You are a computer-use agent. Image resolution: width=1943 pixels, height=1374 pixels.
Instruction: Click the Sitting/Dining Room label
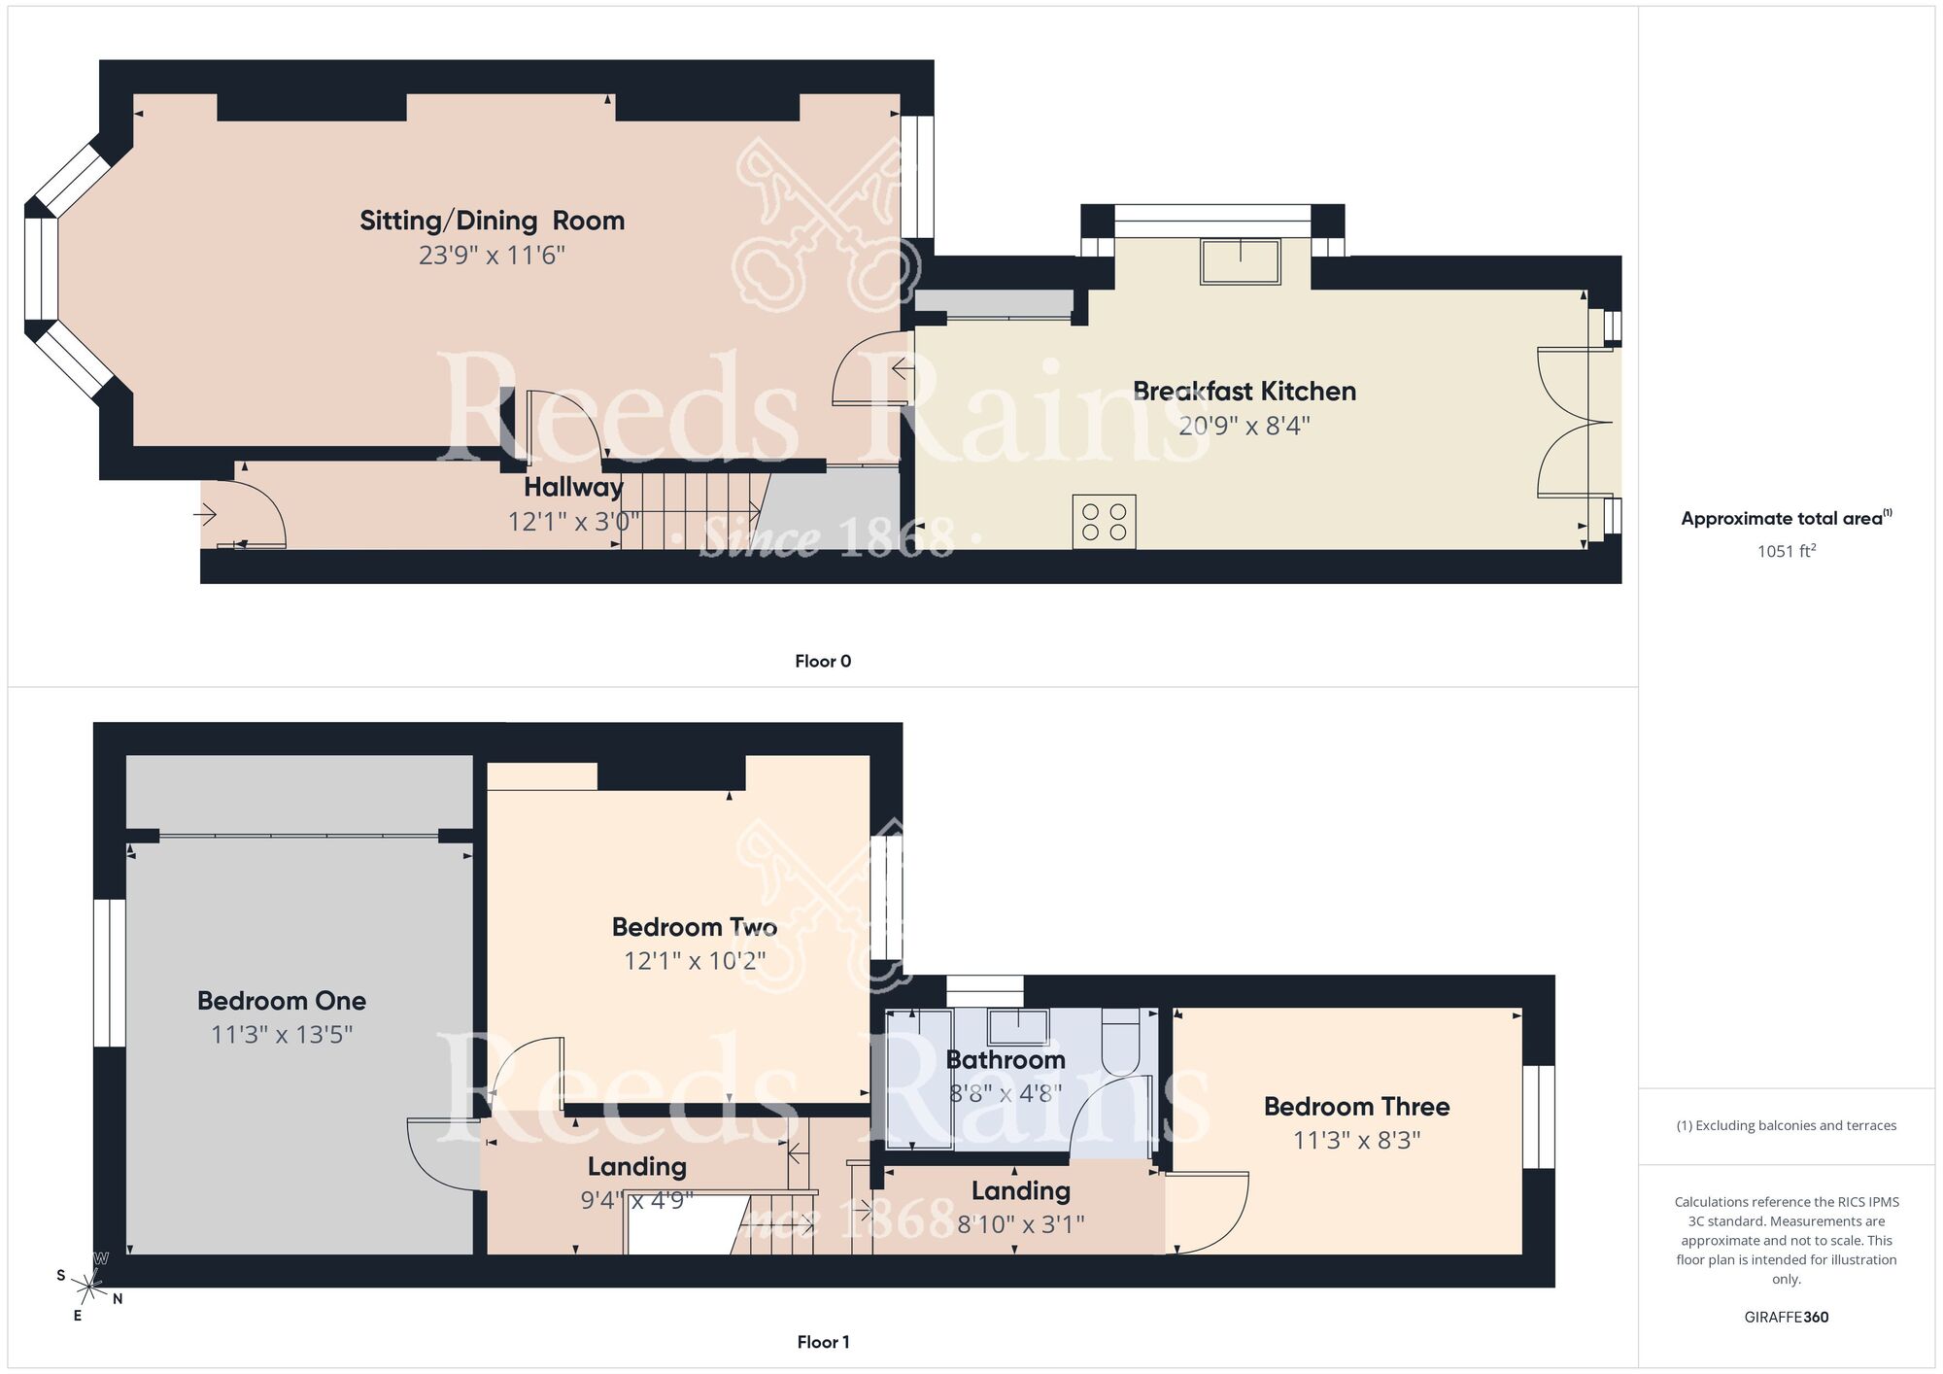pyautogui.click(x=492, y=221)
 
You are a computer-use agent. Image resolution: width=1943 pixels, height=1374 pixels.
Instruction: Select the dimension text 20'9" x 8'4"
pyautogui.click(x=1244, y=426)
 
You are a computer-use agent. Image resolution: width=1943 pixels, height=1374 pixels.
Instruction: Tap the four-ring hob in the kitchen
pyautogui.click(x=1104, y=522)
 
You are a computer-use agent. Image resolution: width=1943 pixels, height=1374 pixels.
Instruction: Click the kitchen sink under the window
pyautogui.click(x=1241, y=261)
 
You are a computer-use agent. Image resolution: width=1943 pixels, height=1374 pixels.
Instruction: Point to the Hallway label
pyautogui.click(x=573, y=487)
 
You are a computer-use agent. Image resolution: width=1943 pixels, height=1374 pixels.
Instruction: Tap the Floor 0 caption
pyautogui.click(x=822, y=662)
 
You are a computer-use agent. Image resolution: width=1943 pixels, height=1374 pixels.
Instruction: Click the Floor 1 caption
pyautogui.click(x=822, y=1342)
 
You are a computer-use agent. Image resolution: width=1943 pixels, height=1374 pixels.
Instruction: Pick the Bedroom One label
pyautogui.click(x=282, y=1001)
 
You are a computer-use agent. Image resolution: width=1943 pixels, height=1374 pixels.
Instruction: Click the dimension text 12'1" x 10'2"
pyautogui.click(x=695, y=961)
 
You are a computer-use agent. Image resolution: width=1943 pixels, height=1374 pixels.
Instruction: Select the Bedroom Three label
pyautogui.click(x=1356, y=1107)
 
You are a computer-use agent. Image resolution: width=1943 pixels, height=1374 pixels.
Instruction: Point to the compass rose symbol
pyautogui.click(x=90, y=1288)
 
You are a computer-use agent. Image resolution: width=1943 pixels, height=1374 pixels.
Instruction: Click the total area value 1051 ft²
pyautogui.click(x=1786, y=551)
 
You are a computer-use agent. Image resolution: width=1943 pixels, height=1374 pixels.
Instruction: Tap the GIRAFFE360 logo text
pyautogui.click(x=1786, y=1318)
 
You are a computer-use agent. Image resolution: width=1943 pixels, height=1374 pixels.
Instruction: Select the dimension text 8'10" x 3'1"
pyautogui.click(x=1020, y=1224)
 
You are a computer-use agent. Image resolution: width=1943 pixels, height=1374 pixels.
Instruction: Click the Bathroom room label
pyautogui.click(x=1006, y=1060)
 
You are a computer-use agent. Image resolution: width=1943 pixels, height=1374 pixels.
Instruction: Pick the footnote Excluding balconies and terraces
pyautogui.click(x=1786, y=1126)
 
